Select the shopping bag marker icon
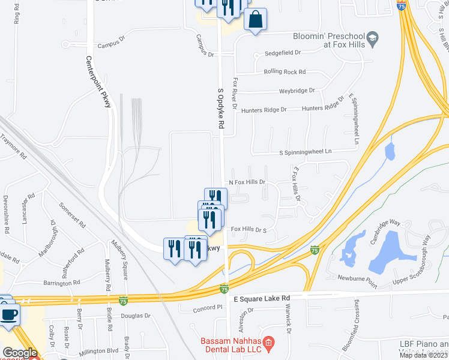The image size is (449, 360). [255, 19]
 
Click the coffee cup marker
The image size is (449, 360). [8, 315]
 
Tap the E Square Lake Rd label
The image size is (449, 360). [261, 298]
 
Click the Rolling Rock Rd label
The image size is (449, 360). [285, 72]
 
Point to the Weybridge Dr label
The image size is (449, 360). [297, 91]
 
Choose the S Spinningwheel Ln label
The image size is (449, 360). [305, 152]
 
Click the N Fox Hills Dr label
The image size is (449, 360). [246, 182]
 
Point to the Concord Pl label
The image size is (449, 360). [208, 307]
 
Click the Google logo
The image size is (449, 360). [20, 353]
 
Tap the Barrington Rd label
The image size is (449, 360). [61, 282]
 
